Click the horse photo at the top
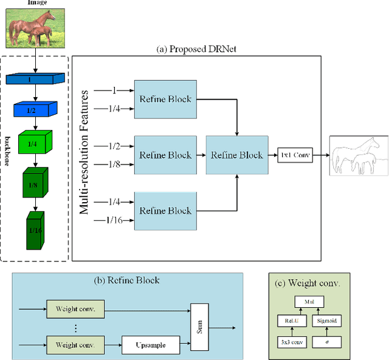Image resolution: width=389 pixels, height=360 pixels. (29, 27)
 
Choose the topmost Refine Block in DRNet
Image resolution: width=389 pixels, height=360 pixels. (165, 99)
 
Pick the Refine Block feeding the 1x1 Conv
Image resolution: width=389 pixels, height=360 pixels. (236, 155)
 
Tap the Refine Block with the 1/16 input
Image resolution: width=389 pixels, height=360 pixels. (165, 211)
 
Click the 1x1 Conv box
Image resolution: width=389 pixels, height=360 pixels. (294, 155)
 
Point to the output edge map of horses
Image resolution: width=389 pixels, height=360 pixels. (359, 155)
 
